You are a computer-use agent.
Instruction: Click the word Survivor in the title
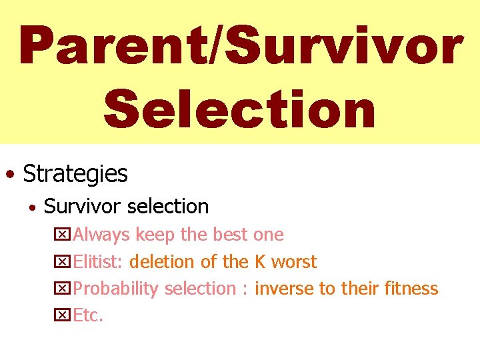(x=340, y=46)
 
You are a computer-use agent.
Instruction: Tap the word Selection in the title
(x=239, y=110)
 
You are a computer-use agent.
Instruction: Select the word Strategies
(x=75, y=173)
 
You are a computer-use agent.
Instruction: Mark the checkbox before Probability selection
(x=62, y=289)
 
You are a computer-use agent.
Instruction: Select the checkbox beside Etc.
(x=62, y=316)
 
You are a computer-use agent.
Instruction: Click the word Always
(x=102, y=235)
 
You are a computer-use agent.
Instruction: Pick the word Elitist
(x=97, y=262)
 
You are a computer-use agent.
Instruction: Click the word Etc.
(x=88, y=315)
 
